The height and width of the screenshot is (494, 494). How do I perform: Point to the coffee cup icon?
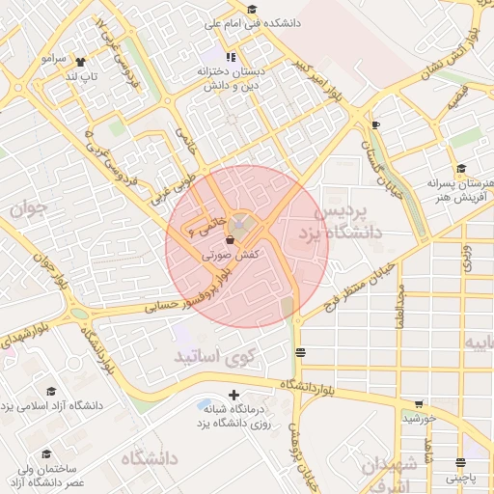click(375, 124)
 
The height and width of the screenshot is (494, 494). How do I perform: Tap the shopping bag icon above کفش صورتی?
click(230, 241)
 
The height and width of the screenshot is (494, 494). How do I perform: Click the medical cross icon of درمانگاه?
click(233, 395)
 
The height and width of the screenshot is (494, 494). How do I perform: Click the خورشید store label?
click(421, 418)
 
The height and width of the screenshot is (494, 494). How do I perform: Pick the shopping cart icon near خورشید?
click(418, 404)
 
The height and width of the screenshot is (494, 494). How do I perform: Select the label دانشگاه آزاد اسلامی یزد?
click(52, 405)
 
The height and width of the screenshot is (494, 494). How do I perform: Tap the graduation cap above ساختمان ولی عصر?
click(45, 453)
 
